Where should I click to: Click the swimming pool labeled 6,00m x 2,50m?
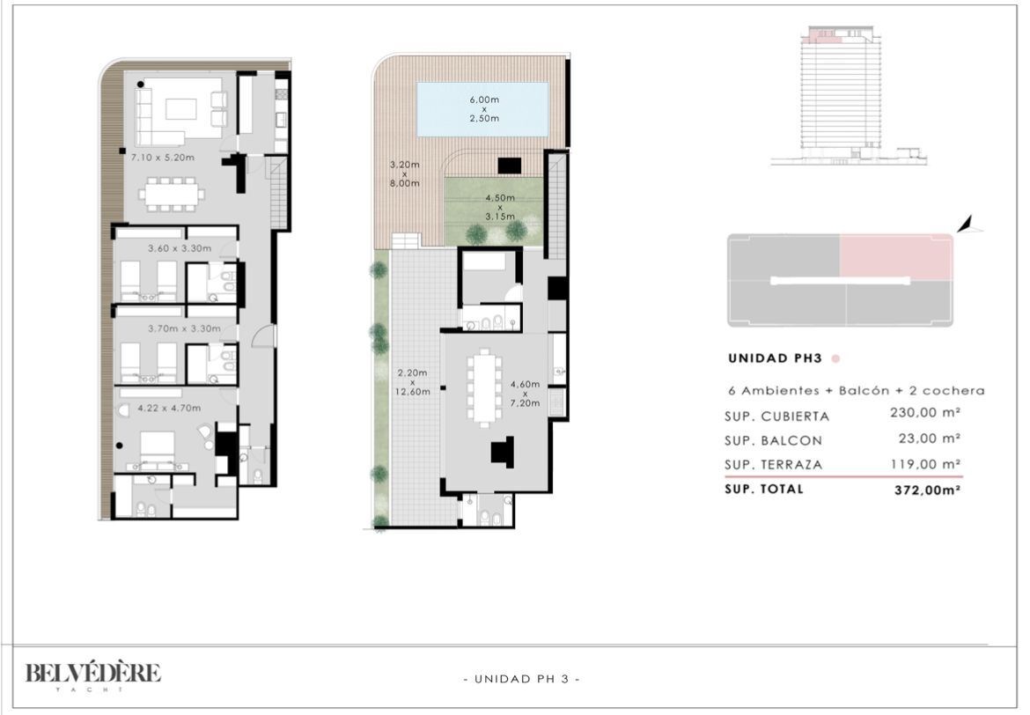tap(482, 109)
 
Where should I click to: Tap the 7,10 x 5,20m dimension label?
tap(162, 158)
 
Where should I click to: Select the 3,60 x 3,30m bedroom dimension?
tap(180, 248)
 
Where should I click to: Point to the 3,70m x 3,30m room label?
tap(184, 328)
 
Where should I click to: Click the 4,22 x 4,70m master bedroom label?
tap(169, 408)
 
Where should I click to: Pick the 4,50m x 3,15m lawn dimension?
tap(500, 207)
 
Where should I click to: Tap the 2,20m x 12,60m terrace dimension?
tap(413, 382)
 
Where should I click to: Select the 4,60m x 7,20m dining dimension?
tap(525, 394)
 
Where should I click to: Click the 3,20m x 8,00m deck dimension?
tap(405, 174)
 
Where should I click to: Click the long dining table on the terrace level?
tap(484, 387)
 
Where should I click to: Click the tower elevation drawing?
tap(848, 96)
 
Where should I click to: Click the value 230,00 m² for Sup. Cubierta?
tap(925, 413)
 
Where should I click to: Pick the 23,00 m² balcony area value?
tap(930, 439)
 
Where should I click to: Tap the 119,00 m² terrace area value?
tap(925, 464)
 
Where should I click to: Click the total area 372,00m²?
tap(928, 490)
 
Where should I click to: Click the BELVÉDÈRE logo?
tap(93, 676)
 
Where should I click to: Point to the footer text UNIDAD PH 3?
tap(521, 679)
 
